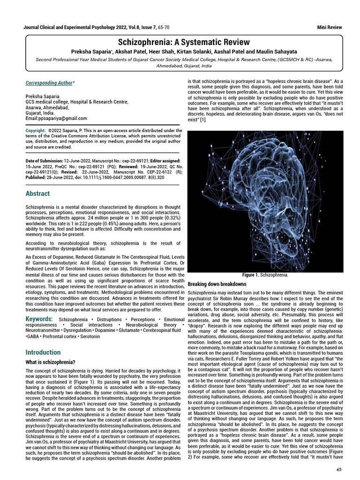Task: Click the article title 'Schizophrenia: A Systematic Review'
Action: pyautogui.click(x=180, y=42)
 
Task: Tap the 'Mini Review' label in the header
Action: pyautogui.click(x=330, y=28)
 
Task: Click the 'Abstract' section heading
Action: pyautogui.click(x=37, y=194)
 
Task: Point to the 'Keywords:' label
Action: pyautogui.click(x=39, y=319)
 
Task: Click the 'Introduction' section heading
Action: pyautogui.click(x=43, y=352)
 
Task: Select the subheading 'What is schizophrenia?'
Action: pyautogui.click(x=50, y=362)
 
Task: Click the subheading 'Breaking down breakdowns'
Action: pyautogui.click(x=217, y=284)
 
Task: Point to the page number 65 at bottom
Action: pyautogui.click(x=339, y=469)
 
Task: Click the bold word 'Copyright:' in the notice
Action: pyautogui.click(x=36, y=130)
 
